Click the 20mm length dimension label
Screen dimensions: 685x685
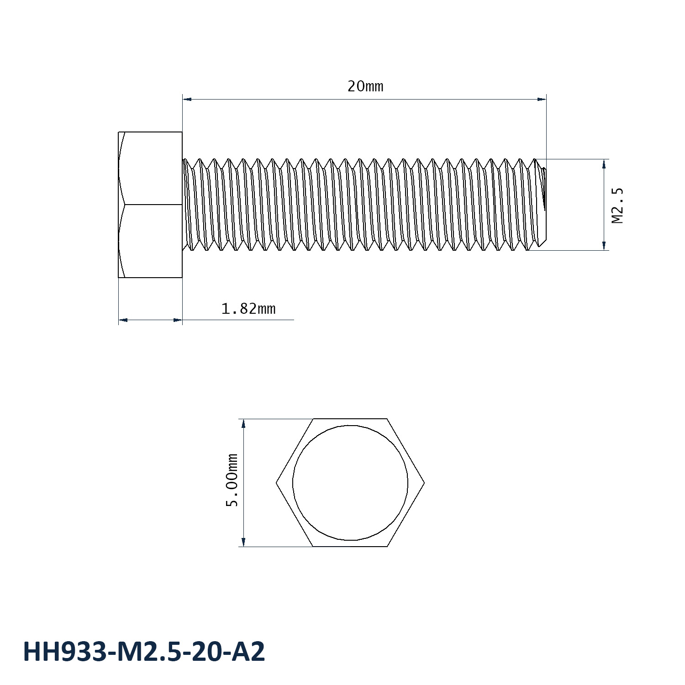pos(365,86)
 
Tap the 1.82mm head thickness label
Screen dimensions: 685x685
pos(248,309)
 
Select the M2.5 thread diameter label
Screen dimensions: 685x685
pos(617,205)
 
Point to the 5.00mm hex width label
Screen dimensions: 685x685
pos(232,480)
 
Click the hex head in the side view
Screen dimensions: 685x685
pos(150,205)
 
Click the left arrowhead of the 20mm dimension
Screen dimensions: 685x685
pos(187,99)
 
